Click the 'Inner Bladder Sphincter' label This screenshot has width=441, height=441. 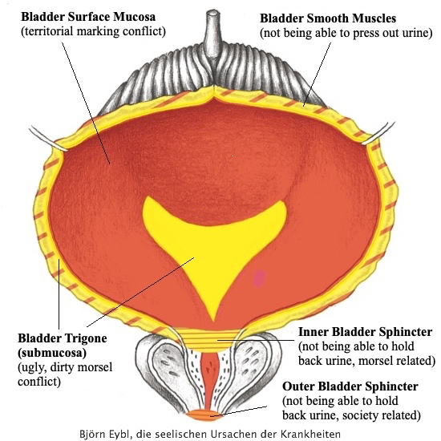pos(365,331)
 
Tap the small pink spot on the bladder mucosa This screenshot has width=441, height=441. pos(259,278)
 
